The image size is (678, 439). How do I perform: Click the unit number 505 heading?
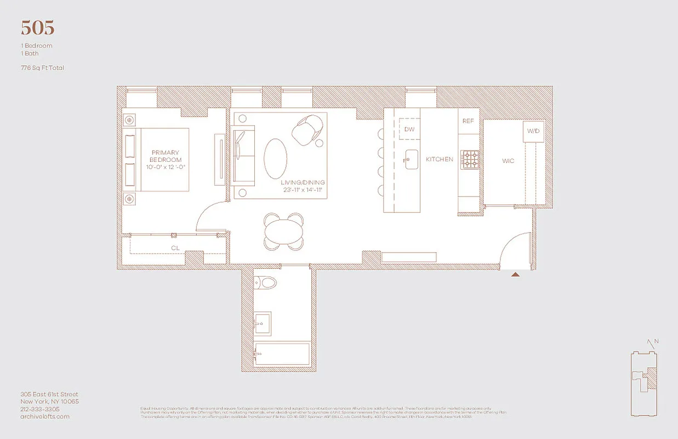point(37,27)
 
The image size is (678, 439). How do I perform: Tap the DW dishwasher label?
point(409,130)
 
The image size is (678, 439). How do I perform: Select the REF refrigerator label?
point(468,121)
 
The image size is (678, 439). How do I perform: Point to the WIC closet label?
point(508,162)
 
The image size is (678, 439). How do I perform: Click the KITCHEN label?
point(440,159)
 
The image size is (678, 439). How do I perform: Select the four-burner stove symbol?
point(470,160)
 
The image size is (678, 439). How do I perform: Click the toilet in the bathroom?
point(266,283)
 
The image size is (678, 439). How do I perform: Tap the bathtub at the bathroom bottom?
point(282,354)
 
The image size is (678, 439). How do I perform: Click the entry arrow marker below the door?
point(515,274)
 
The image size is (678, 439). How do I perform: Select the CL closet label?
point(175,248)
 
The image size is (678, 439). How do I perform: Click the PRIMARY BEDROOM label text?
point(166,156)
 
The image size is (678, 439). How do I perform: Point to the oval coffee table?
point(276,157)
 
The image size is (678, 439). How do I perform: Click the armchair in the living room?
point(307,130)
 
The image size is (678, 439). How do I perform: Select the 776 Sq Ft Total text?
point(43,67)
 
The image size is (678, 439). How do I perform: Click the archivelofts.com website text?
point(45,417)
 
